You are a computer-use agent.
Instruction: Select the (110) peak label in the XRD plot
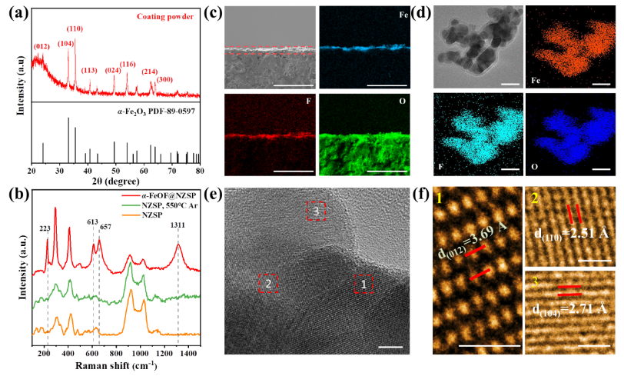pyautogui.click(x=75, y=28)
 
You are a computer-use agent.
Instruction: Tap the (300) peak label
pyautogui.click(x=164, y=79)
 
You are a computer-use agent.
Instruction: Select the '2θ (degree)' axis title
pyautogui.click(x=116, y=184)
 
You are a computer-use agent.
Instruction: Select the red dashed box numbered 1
pyautogui.click(x=363, y=284)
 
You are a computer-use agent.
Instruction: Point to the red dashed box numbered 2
pyautogui.click(x=268, y=284)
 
